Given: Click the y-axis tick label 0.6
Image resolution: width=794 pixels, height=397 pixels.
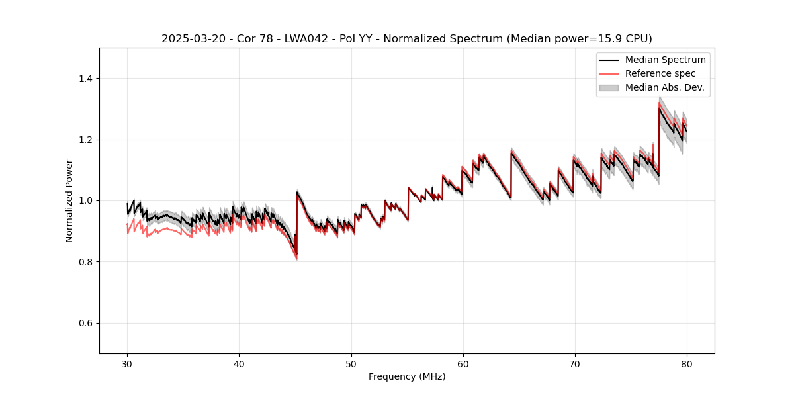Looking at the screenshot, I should click(x=86, y=323).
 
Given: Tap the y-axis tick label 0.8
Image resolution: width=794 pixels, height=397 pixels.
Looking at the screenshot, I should click(x=86, y=262).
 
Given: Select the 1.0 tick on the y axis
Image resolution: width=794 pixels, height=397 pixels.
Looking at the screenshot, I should click(x=86, y=200).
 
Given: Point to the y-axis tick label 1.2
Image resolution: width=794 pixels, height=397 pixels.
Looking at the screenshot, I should click(x=86, y=140).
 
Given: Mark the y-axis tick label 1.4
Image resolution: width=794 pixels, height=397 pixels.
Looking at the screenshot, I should click(x=86, y=79).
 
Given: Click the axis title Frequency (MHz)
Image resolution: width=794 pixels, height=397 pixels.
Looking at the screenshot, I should click(x=407, y=376).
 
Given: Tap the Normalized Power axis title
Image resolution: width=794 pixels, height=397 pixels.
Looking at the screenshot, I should click(x=69, y=200).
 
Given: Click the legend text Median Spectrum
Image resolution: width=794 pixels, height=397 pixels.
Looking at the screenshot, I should click(x=665, y=60).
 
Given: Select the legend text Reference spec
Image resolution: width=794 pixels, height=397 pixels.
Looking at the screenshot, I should click(x=660, y=73).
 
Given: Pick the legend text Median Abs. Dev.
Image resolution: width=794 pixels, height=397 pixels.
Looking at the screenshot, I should click(x=664, y=87).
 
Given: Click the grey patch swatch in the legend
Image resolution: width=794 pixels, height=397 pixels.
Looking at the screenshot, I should click(x=609, y=87).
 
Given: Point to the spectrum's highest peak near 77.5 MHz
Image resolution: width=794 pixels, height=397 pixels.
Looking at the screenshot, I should click(x=659, y=108).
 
